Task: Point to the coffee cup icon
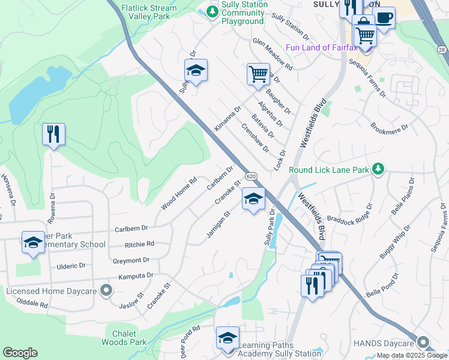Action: pyautogui.click(x=384, y=17)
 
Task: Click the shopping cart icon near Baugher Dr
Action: pyautogui.click(x=258, y=74)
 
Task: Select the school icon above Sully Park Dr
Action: pyautogui.click(x=253, y=199)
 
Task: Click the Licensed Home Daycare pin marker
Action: pyautogui.click(x=106, y=291)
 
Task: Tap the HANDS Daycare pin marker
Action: pyautogui.click(x=424, y=343)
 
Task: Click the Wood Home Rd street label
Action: pyautogui.click(x=179, y=194)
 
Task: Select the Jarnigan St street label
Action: pyautogui.click(x=219, y=224)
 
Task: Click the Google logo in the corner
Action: pyautogui.click(x=20, y=353)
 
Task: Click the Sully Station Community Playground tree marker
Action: pyautogui.click(x=211, y=11)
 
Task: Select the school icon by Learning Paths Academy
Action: pyautogui.click(x=228, y=337)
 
